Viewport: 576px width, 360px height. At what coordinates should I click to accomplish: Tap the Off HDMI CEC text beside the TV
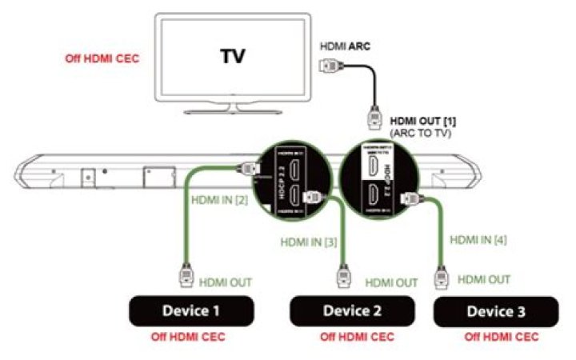[x=102, y=58]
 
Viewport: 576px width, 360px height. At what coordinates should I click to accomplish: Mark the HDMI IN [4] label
[x=479, y=238]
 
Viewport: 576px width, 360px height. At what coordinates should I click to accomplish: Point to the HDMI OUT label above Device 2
[x=391, y=282]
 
